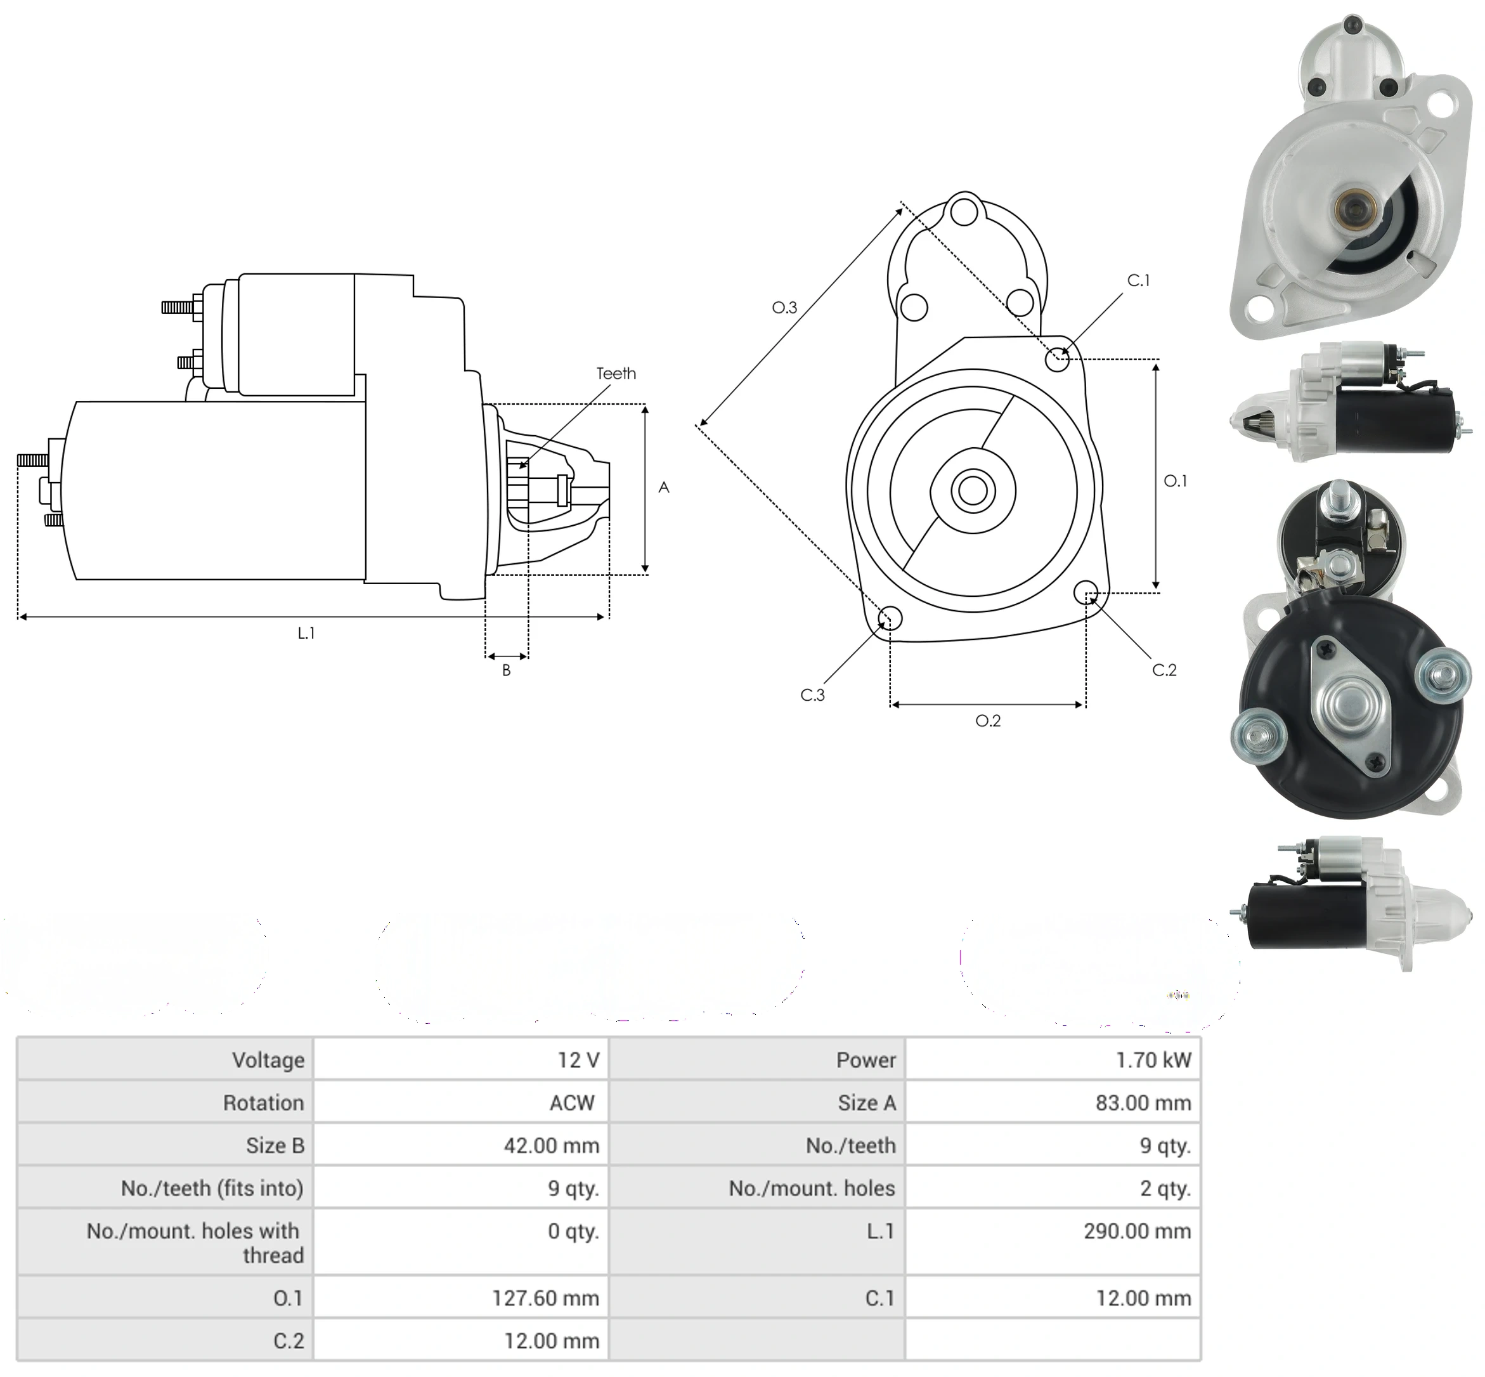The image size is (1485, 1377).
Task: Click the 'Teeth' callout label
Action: [x=616, y=374]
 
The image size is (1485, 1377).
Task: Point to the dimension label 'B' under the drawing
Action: [x=507, y=670]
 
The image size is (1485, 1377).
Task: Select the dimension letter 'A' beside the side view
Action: [x=664, y=487]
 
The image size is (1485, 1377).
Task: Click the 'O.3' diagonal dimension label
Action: [x=784, y=307]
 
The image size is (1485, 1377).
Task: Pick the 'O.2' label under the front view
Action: [x=989, y=721]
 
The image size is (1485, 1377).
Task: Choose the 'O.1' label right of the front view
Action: [x=1175, y=481]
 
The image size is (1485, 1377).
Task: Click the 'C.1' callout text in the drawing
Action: [x=1138, y=280]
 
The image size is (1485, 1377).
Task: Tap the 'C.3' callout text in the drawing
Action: [x=812, y=695]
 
